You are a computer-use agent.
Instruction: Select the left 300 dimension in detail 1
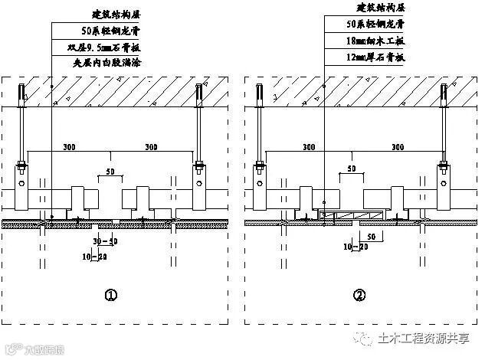point(70,146)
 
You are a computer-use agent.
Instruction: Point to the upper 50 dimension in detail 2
point(351,169)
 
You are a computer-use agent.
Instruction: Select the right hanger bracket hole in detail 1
point(198,185)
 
